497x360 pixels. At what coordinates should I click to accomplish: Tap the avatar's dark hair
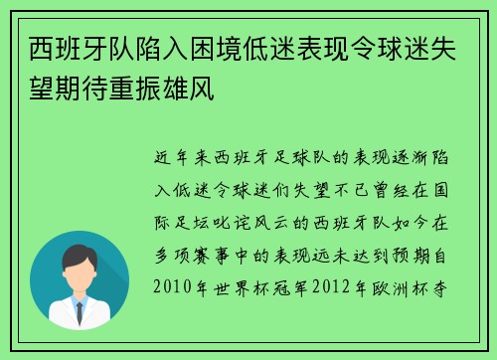point(80,257)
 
